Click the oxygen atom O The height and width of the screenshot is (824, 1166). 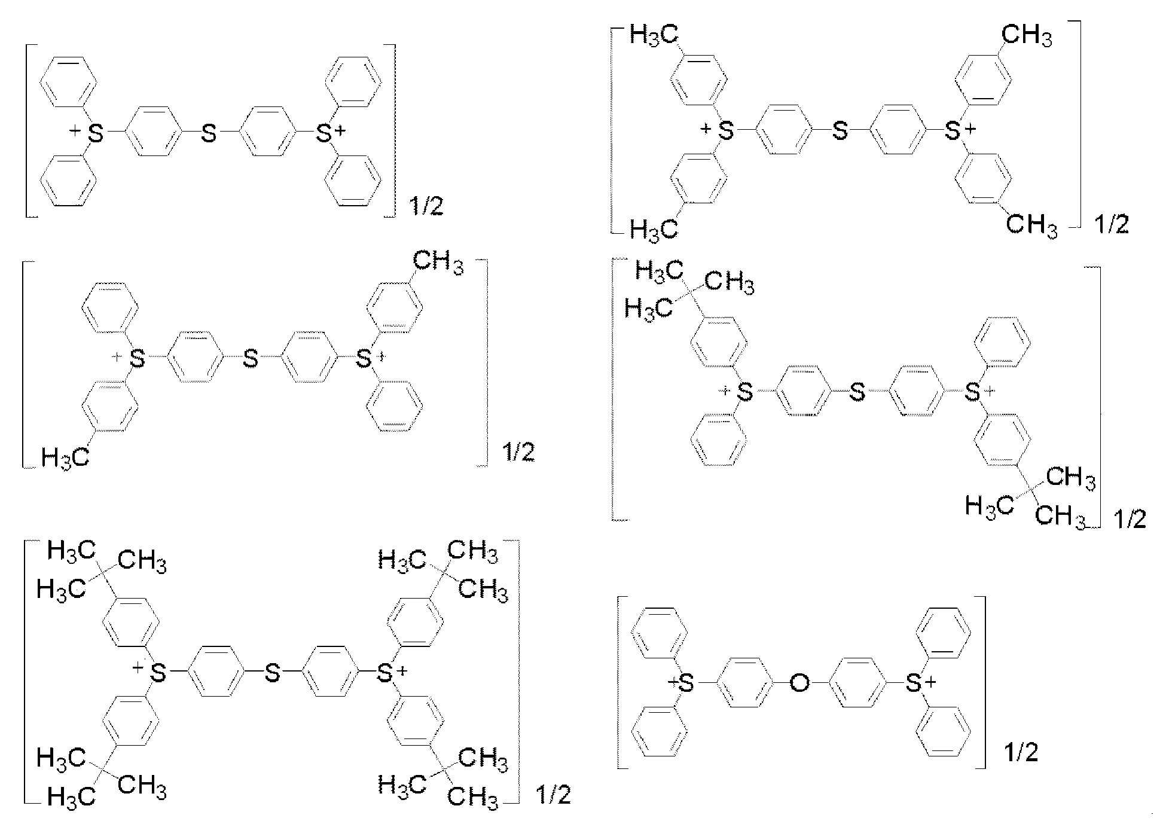pyautogui.click(x=799, y=683)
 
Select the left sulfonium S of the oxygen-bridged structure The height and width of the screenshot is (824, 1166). pyautogui.click(x=686, y=683)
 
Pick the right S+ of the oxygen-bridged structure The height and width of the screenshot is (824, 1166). pyautogui.click(x=913, y=683)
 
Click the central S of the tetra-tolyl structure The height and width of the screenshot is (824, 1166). pyautogui.click(x=840, y=131)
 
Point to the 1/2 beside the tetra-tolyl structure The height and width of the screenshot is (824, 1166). pyautogui.click(x=1111, y=224)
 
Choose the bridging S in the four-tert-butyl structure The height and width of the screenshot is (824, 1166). pyautogui.click(x=272, y=674)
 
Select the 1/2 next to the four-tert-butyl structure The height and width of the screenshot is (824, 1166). pyautogui.click(x=554, y=795)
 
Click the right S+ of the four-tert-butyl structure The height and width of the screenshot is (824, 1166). pyautogui.click(x=385, y=674)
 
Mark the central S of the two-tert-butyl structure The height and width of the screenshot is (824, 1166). pyautogui.click(x=857, y=392)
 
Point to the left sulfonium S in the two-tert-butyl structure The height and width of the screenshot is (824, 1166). pyautogui.click(x=744, y=392)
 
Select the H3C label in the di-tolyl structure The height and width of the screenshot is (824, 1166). pyautogui.click(x=65, y=457)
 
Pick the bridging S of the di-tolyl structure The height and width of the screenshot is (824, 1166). pyautogui.click(x=251, y=359)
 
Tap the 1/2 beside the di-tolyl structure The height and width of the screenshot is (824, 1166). pyautogui.click(x=517, y=453)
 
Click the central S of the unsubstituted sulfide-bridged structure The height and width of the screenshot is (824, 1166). pyautogui.click(x=209, y=133)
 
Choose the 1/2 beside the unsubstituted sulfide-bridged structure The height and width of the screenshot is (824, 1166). pyautogui.click(x=426, y=207)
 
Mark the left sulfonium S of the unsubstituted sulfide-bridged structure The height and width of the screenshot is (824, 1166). pyautogui.click(x=96, y=133)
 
